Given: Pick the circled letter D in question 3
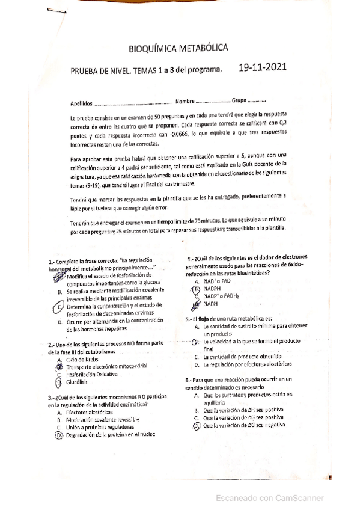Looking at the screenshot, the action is click(x=59, y=434).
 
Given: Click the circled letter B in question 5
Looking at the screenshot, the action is click(x=196, y=341).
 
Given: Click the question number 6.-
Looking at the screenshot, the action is click(x=189, y=379).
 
